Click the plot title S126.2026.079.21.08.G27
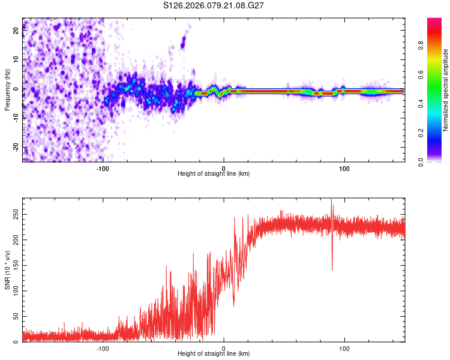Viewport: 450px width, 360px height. (x=214, y=5)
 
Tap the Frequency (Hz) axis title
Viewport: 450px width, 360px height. (x=7, y=90)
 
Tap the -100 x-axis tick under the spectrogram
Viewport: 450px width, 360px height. (x=103, y=168)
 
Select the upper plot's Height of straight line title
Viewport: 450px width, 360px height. (x=214, y=173)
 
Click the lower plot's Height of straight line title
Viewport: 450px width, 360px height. (x=214, y=354)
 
